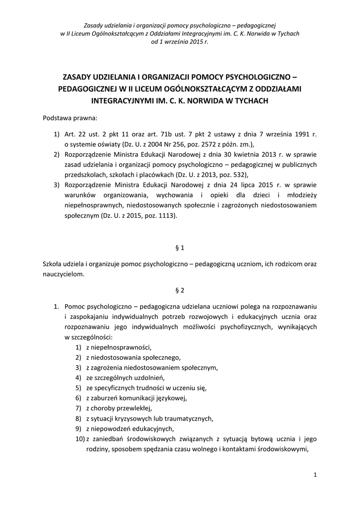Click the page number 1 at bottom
point(315,475)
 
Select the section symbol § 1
point(180,247)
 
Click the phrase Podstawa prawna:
point(71,119)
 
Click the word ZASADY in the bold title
point(78,77)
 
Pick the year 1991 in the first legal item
point(301,134)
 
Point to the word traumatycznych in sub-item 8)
point(189,418)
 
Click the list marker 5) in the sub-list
point(78,388)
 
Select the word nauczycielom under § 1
point(64,273)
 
